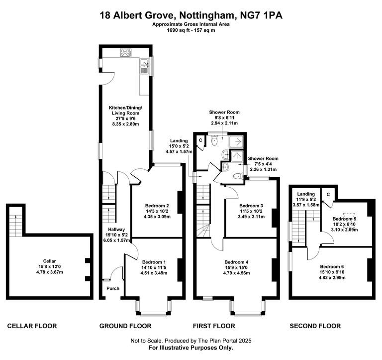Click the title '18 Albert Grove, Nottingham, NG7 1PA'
coord(191,15)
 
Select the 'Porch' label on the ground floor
coord(113,288)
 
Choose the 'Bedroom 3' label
coord(251,206)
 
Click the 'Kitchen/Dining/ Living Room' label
coord(126,111)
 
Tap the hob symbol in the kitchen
coord(124,53)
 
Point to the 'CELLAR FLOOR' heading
coord(32,326)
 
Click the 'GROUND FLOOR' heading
coord(125,326)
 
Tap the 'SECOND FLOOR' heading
coord(315,326)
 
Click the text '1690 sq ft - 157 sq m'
coord(191,30)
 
